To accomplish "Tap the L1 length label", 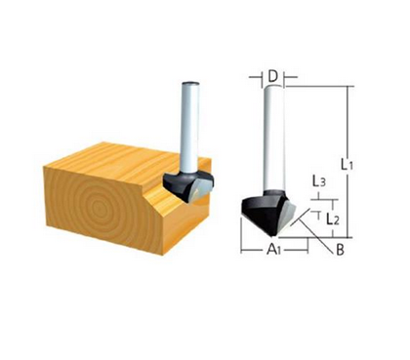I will (x=358, y=164).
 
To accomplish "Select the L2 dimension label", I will (x=333, y=219).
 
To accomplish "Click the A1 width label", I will (x=275, y=251).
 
